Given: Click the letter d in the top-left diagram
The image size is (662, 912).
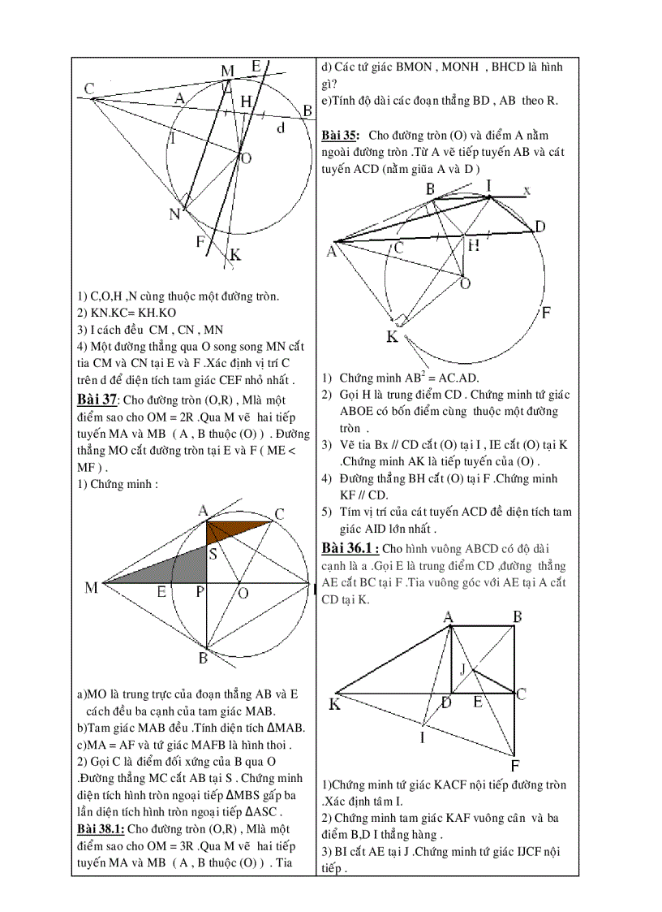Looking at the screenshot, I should [281, 128].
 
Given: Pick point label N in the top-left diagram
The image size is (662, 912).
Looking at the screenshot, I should [174, 214].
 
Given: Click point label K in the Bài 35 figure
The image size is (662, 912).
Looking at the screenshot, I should [392, 336].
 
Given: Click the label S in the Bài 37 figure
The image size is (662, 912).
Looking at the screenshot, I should [212, 555].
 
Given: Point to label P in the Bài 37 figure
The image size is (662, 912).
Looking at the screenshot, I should [200, 594].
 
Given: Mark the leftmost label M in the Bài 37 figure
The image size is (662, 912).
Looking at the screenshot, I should [91, 587].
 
